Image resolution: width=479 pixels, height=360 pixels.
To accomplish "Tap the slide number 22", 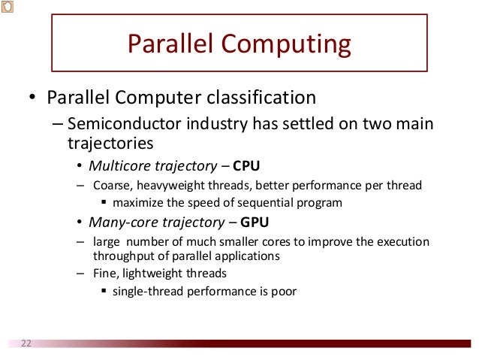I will click(26, 343).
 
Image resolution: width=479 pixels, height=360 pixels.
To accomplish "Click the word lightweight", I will click(158, 273).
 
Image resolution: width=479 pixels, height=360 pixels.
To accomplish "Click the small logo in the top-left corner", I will click(7, 6).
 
